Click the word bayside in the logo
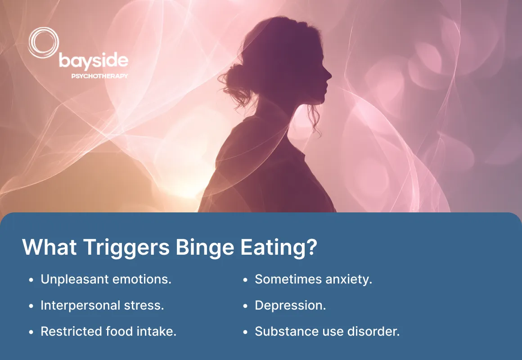(x=94, y=60)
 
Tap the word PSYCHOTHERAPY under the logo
(x=99, y=76)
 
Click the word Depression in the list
(x=290, y=306)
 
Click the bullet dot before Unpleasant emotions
(x=31, y=280)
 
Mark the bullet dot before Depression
(x=245, y=306)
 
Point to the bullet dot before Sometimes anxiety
(x=245, y=280)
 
